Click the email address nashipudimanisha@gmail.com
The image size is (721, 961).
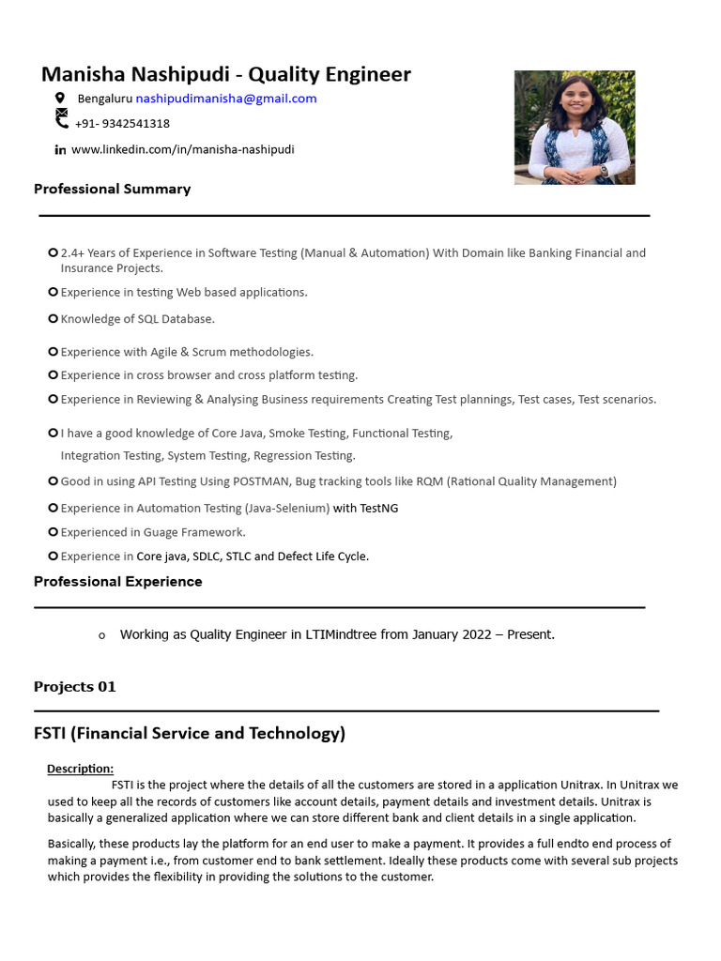coord(226,99)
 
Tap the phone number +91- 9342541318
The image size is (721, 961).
coord(122,124)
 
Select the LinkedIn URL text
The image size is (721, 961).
coord(182,149)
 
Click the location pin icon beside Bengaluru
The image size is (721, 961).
coord(60,98)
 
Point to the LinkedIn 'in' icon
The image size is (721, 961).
coord(60,149)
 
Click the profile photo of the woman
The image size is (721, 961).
coord(575,127)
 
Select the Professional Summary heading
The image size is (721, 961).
coord(112,189)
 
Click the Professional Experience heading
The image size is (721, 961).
coord(117,582)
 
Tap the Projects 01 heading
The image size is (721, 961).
coord(74,687)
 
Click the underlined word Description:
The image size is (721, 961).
coord(80,769)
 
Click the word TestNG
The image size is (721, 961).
coord(379,509)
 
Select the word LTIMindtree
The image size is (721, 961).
coord(341,634)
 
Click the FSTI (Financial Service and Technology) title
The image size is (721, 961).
coord(190,734)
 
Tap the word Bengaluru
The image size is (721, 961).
coord(104,99)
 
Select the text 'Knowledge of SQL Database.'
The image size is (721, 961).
coord(138,319)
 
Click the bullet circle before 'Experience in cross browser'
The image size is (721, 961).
coord(53,375)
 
